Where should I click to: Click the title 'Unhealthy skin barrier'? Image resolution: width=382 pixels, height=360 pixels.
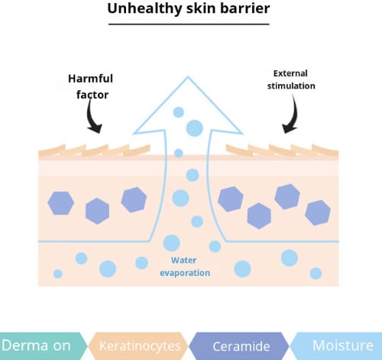189,8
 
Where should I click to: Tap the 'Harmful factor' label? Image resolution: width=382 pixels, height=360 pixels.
90,86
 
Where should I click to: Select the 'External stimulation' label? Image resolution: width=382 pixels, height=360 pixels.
291,79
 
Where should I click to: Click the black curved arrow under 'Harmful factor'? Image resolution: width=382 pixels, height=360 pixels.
92,117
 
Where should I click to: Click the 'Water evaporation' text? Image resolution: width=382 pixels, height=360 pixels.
185,267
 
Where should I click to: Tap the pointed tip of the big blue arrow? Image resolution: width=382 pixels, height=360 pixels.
188,76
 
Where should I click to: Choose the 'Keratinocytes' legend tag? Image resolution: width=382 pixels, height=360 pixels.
139,346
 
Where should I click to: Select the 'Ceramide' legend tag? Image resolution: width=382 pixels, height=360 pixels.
240,346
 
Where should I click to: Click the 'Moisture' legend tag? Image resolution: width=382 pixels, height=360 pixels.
336,346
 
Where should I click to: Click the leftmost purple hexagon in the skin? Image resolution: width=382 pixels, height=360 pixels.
61,203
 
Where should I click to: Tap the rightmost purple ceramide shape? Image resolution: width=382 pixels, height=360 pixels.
318,212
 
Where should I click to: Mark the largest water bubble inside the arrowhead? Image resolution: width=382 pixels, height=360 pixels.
195,128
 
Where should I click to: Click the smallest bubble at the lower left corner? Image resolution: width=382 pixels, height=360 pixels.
58,274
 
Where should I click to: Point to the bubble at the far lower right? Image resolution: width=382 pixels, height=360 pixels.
316,274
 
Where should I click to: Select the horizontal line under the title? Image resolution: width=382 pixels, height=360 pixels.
189,24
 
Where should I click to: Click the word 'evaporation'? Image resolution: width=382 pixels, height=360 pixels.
185,273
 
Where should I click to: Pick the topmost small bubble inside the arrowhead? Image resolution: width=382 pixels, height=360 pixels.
179,112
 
